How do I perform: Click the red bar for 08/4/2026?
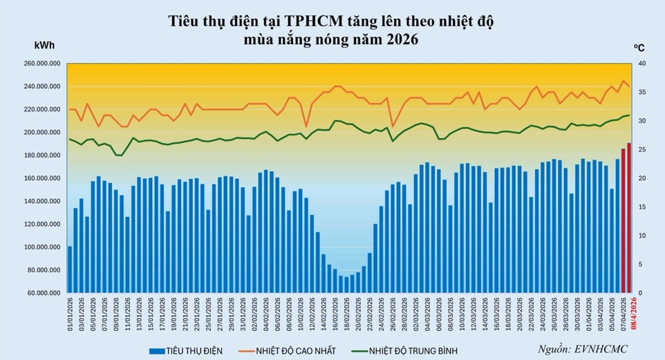pyautogui.click(x=628, y=218)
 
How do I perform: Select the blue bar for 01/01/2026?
pyautogui.click(x=70, y=269)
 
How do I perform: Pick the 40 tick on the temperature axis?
pyautogui.click(x=641, y=64)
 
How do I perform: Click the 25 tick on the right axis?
pyautogui.click(x=641, y=149)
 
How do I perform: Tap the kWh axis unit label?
pyautogui.click(x=44, y=46)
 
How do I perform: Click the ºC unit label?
pyautogui.click(x=639, y=47)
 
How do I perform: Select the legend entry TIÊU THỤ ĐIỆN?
pyautogui.click(x=186, y=351)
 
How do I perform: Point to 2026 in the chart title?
pyautogui.click(x=397, y=39)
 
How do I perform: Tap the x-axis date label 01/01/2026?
pyautogui.click(x=71, y=315)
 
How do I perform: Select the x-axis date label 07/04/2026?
pyautogui.click(x=623, y=315)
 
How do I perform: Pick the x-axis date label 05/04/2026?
pyautogui.click(x=611, y=315)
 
